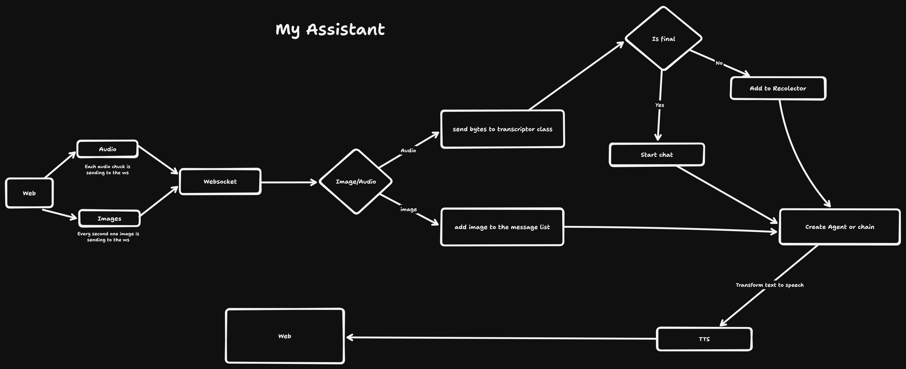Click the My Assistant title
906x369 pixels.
tap(330, 30)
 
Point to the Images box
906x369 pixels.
tap(109, 219)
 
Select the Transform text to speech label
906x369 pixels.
tap(770, 285)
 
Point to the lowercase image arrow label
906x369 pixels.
tap(408, 209)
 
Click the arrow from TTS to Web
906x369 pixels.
tap(499, 338)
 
